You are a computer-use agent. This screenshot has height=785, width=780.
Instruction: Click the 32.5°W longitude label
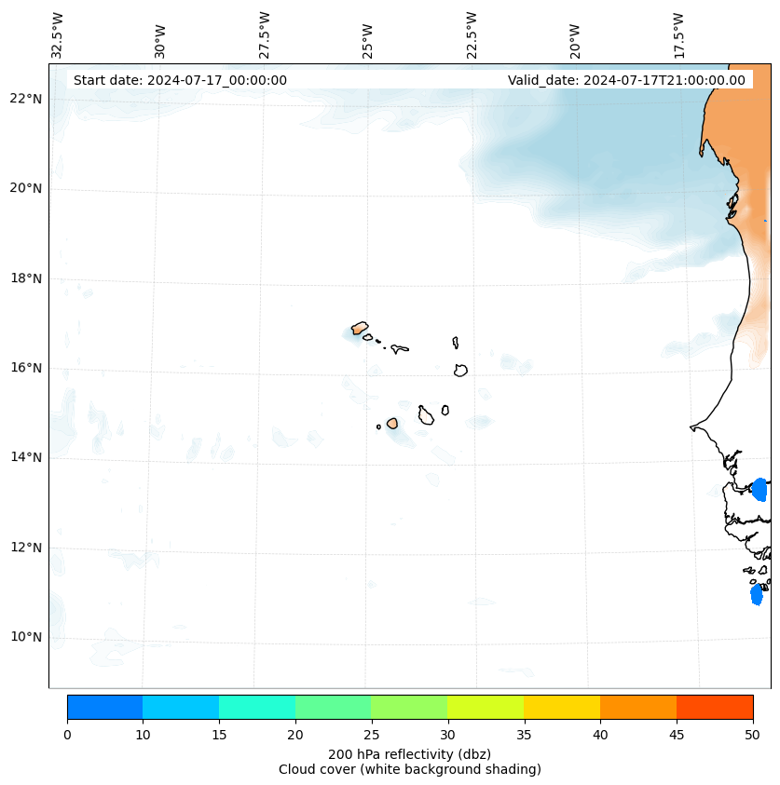pyautogui.click(x=58, y=35)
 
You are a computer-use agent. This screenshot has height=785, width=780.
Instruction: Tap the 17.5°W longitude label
pyautogui.click(x=678, y=35)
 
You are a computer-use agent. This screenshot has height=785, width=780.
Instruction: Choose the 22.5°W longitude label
pyautogui.click(x=472, y=35)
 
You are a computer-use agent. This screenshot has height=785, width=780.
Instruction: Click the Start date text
pyautogui.click(x=180, y=80)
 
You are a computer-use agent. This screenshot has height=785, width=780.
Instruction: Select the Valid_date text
pyautogui.click(x=626, y=80)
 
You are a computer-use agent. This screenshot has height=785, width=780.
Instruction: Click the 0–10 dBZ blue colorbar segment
pyautogui.click(x=104, y=707)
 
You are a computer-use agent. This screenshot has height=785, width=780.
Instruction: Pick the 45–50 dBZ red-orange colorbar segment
pyautogui.click(x=715, y=707)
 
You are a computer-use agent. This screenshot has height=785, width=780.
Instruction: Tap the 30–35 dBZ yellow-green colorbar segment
pyautogui.click(x=486, y=707)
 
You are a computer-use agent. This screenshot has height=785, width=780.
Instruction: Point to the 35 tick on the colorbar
pyautogui.click(x=524, y=735)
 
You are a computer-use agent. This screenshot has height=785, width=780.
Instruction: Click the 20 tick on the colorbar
pyautogui.click(x=295, y=735)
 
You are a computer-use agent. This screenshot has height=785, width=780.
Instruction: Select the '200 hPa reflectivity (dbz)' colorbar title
pyautogui.click(x=409, y=753)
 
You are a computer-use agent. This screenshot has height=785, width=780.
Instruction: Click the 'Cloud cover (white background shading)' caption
pyautogui.click(x=409, y=769)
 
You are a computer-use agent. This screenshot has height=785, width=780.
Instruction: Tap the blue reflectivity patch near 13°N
pyautogui.click(x=759, y=489)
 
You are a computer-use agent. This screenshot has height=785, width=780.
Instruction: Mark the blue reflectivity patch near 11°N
pyautogui.click(x=757, y=594)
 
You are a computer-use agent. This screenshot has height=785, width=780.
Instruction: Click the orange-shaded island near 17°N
pyautogui.click(x=360, y=328)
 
